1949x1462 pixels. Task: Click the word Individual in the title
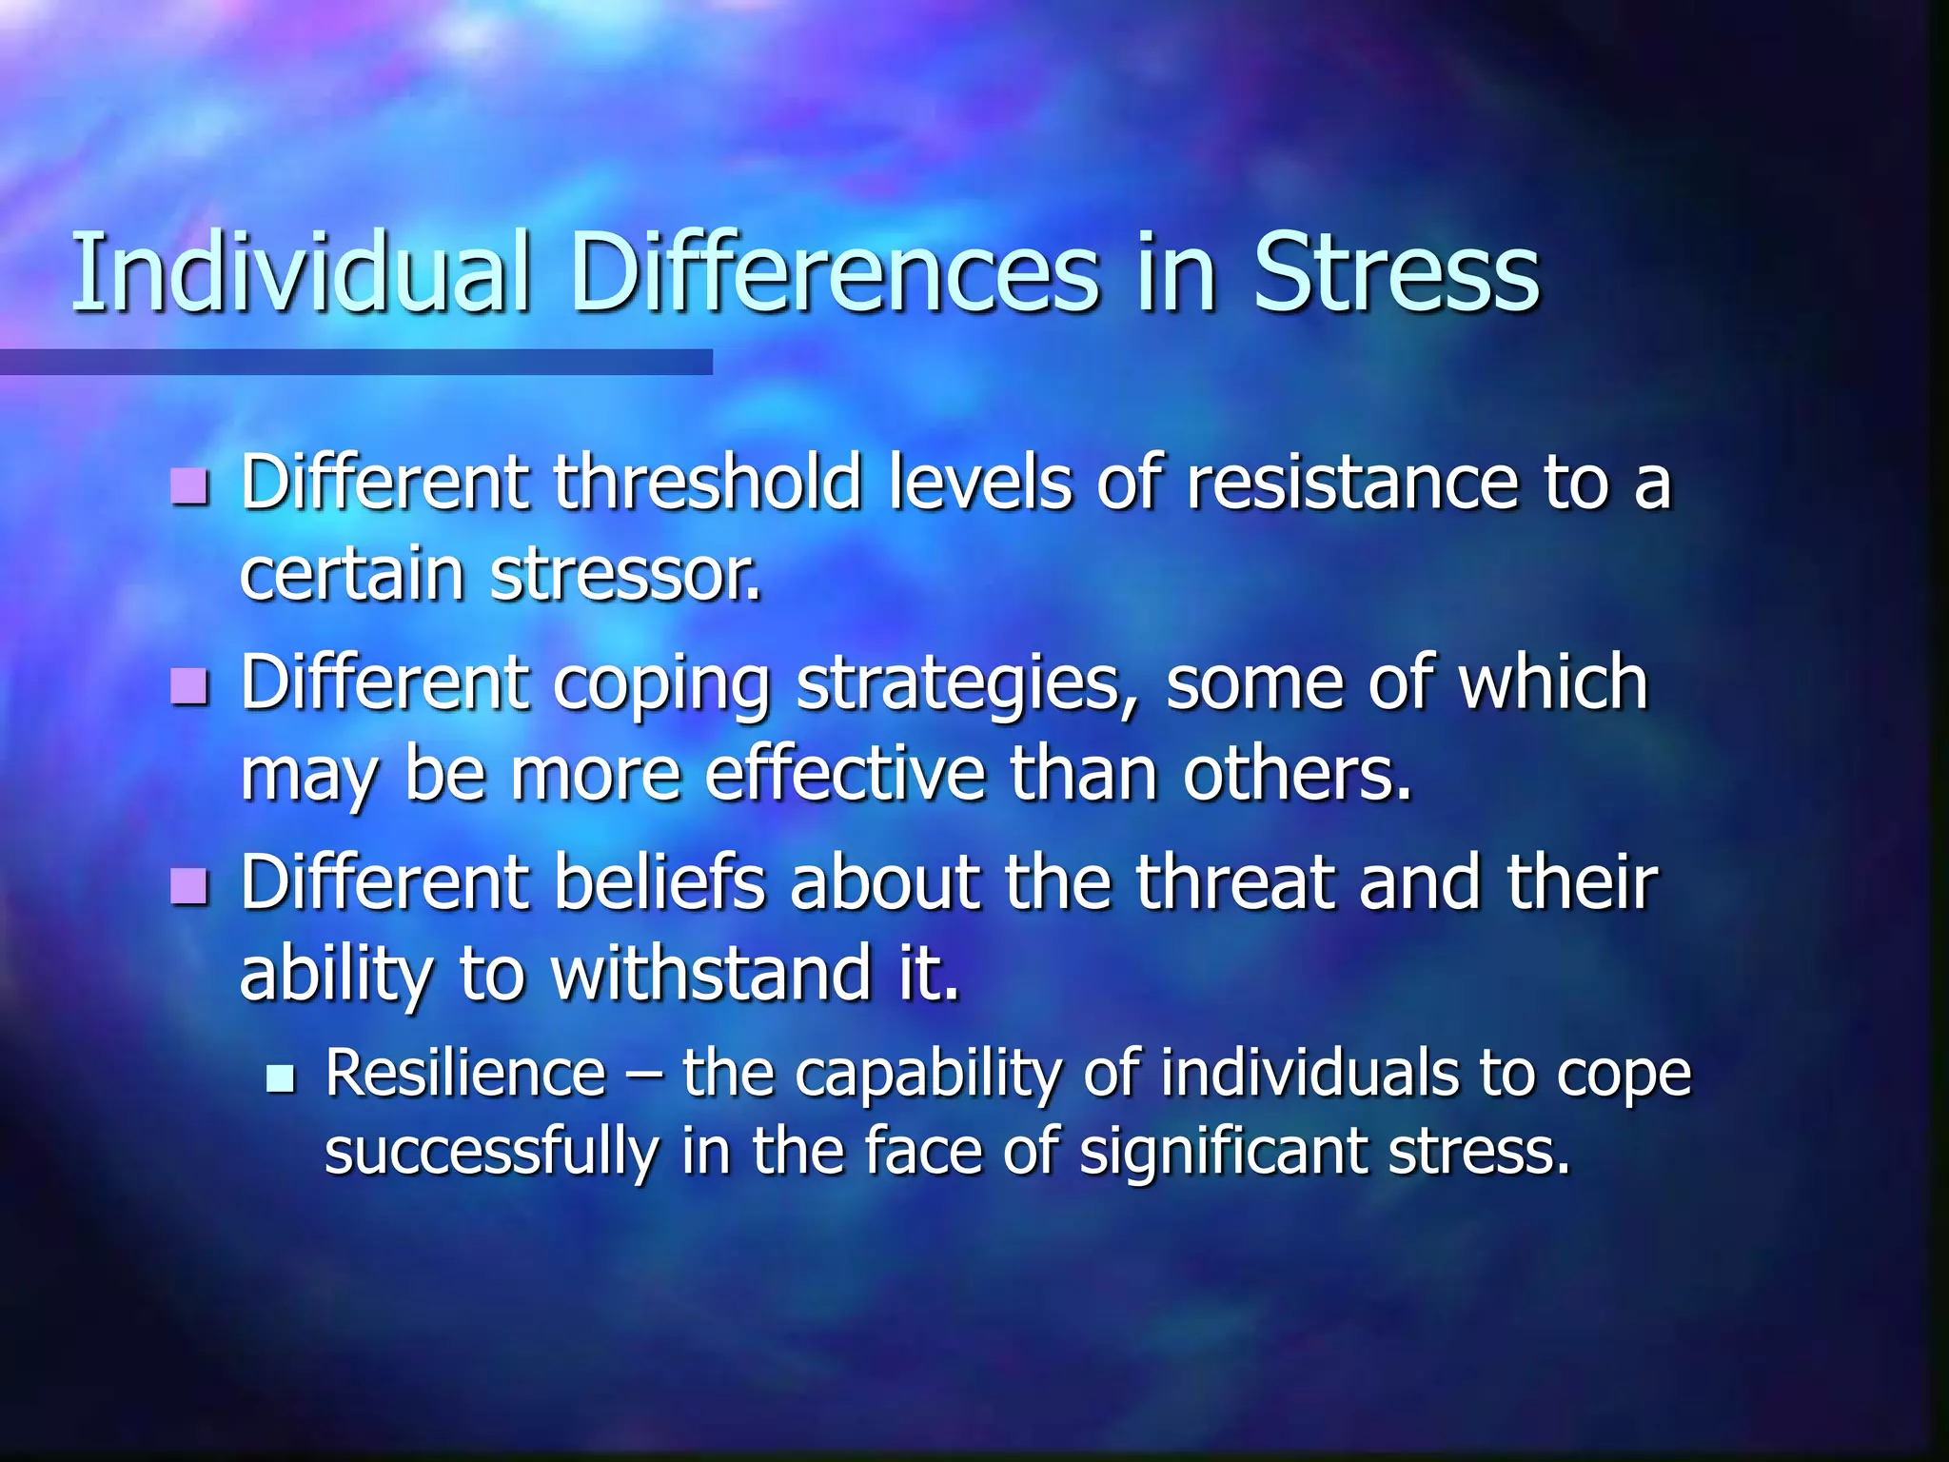(301, 273)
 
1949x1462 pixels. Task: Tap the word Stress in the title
(1396, 273)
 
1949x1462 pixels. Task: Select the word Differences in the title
(835, 273)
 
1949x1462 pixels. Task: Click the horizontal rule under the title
(356, 362)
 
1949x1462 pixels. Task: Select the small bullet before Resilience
(281, 1078)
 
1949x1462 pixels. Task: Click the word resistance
(1352, 482)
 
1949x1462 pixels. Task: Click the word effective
(845, 774)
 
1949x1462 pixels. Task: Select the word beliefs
(659, 882)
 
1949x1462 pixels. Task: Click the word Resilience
(465, 1074)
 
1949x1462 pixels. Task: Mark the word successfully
(491, 1152)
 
